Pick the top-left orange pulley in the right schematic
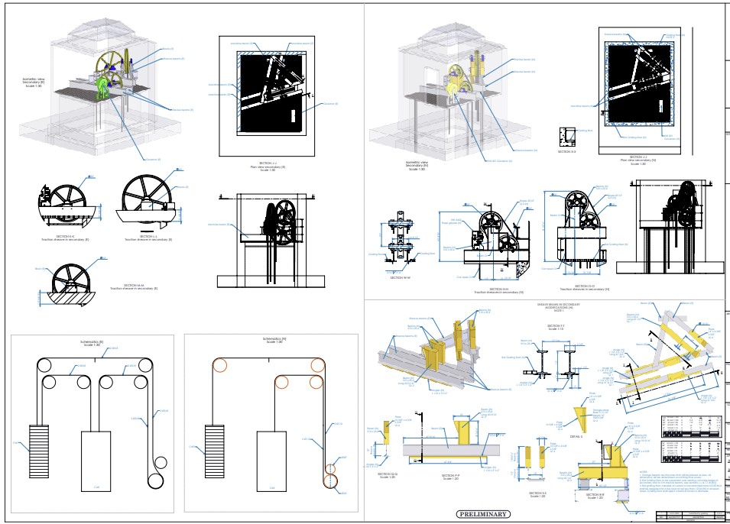[220, 364]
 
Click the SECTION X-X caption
[566, 152]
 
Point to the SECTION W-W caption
[401, 278]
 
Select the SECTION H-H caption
[498, 289]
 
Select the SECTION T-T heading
[556, 325]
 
